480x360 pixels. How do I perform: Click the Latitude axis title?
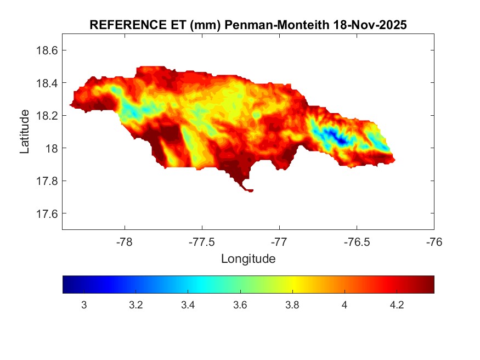[25, 132]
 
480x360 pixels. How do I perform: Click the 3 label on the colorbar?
[84, 305]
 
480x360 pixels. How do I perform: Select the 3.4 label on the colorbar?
[188, 305]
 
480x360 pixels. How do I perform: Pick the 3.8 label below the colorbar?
[292, 305]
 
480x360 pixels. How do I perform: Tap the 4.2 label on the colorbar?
[397, 305]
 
